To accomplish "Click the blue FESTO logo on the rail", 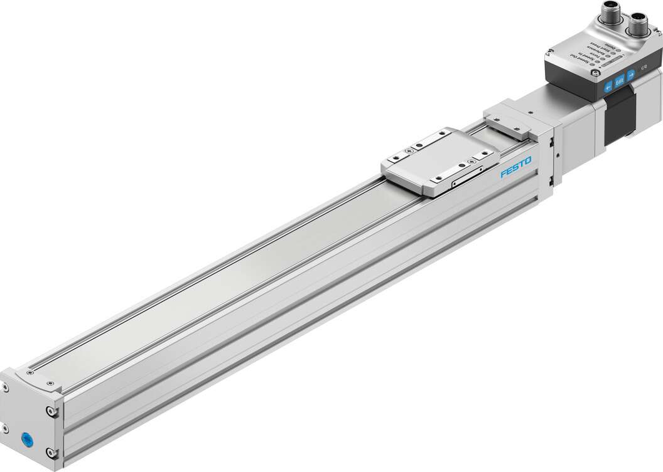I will tap(515, 167).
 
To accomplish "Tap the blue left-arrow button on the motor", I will tap(607, 87).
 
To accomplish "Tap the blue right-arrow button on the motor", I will tap(630, 74).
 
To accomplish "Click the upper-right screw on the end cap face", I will tap(51, 412).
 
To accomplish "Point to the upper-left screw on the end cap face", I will tap(4, 389).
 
